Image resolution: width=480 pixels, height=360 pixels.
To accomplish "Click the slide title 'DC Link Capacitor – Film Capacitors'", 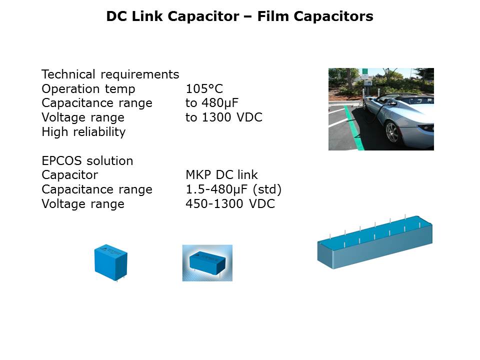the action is pos(239,16).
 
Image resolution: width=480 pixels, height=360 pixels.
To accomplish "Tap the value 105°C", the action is pos(204,89).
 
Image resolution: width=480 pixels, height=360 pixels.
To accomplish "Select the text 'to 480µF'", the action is pos(212,103).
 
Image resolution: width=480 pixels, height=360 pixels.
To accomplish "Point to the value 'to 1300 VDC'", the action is pos(224,117).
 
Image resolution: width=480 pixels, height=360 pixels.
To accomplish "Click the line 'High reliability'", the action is pos(83,132).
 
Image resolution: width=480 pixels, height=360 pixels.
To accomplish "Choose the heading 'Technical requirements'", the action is pos(110,74).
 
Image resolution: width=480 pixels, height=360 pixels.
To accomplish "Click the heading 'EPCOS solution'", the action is pos(87,160).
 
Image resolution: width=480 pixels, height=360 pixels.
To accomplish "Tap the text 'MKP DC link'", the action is pos(221,175).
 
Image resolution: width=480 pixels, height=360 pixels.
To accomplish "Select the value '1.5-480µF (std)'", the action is pos(233,189).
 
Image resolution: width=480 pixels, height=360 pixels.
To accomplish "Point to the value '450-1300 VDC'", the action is pos(230,203).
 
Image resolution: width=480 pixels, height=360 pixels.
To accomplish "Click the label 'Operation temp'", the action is pos(88,89).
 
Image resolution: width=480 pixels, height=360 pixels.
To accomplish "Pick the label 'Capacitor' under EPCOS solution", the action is pos(70,175).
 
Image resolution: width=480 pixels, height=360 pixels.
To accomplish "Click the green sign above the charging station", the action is pos(364,71).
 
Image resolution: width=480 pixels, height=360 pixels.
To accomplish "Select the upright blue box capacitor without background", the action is pos(111,262).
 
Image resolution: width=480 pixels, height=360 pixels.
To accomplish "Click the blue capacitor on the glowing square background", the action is pos(207,262).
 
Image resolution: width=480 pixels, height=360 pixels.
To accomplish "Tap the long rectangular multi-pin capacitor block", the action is pos(374,242).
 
